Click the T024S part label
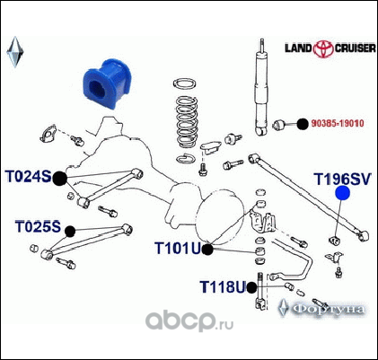pos(29,177)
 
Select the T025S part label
pos(38,226)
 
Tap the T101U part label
pos(178,248)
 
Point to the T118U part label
pos(223,286)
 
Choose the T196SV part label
pos(342,179)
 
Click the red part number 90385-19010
pos(338,123)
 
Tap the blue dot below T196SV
pos(342,193)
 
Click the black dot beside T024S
pos(60,179)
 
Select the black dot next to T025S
pos(70,231)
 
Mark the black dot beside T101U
pos(207,250)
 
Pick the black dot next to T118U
pos(251,287)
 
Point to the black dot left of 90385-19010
pos(303,124)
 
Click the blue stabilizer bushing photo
pos(106,83)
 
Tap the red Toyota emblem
pos(323,49)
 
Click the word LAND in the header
pos(298,48)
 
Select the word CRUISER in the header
pos(356,48)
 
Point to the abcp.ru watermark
pos(189,320)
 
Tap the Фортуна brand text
pos(329,309)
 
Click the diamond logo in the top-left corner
pos(14,52)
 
